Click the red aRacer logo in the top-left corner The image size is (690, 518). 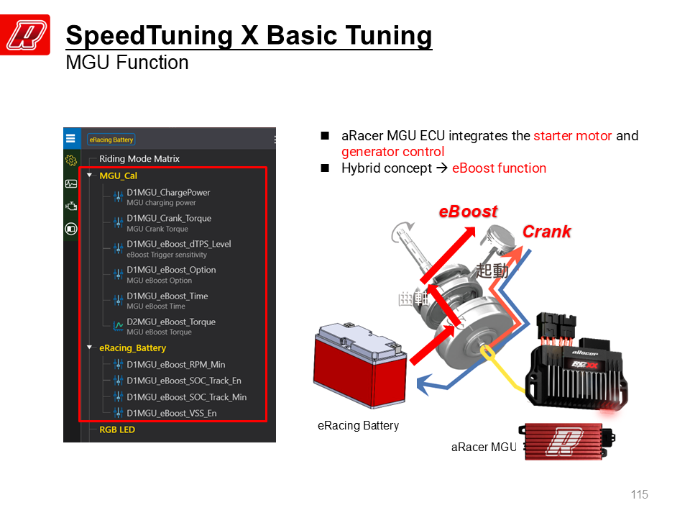tap(25, 35)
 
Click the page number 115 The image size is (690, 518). tap(640, 494)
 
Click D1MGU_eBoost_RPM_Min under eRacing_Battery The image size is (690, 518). tap(176, 365)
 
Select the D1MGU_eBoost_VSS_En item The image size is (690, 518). tap(172, 413)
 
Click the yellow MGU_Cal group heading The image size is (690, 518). tap(119, 176)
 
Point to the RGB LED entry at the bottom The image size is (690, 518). tap(117, 430)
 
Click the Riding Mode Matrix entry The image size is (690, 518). tap(139, 158)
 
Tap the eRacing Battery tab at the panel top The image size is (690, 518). tap(111, 140)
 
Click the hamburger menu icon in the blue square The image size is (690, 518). tap(71, 138)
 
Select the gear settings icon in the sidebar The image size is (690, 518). tap(71, 160)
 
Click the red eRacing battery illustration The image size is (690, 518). tap(360, 365)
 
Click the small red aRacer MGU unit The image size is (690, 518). tap(568, 442)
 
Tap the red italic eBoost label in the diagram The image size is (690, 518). tap(468, 212)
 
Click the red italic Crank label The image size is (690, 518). tap(546, 232)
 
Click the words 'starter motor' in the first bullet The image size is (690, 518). tap(573, 136)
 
